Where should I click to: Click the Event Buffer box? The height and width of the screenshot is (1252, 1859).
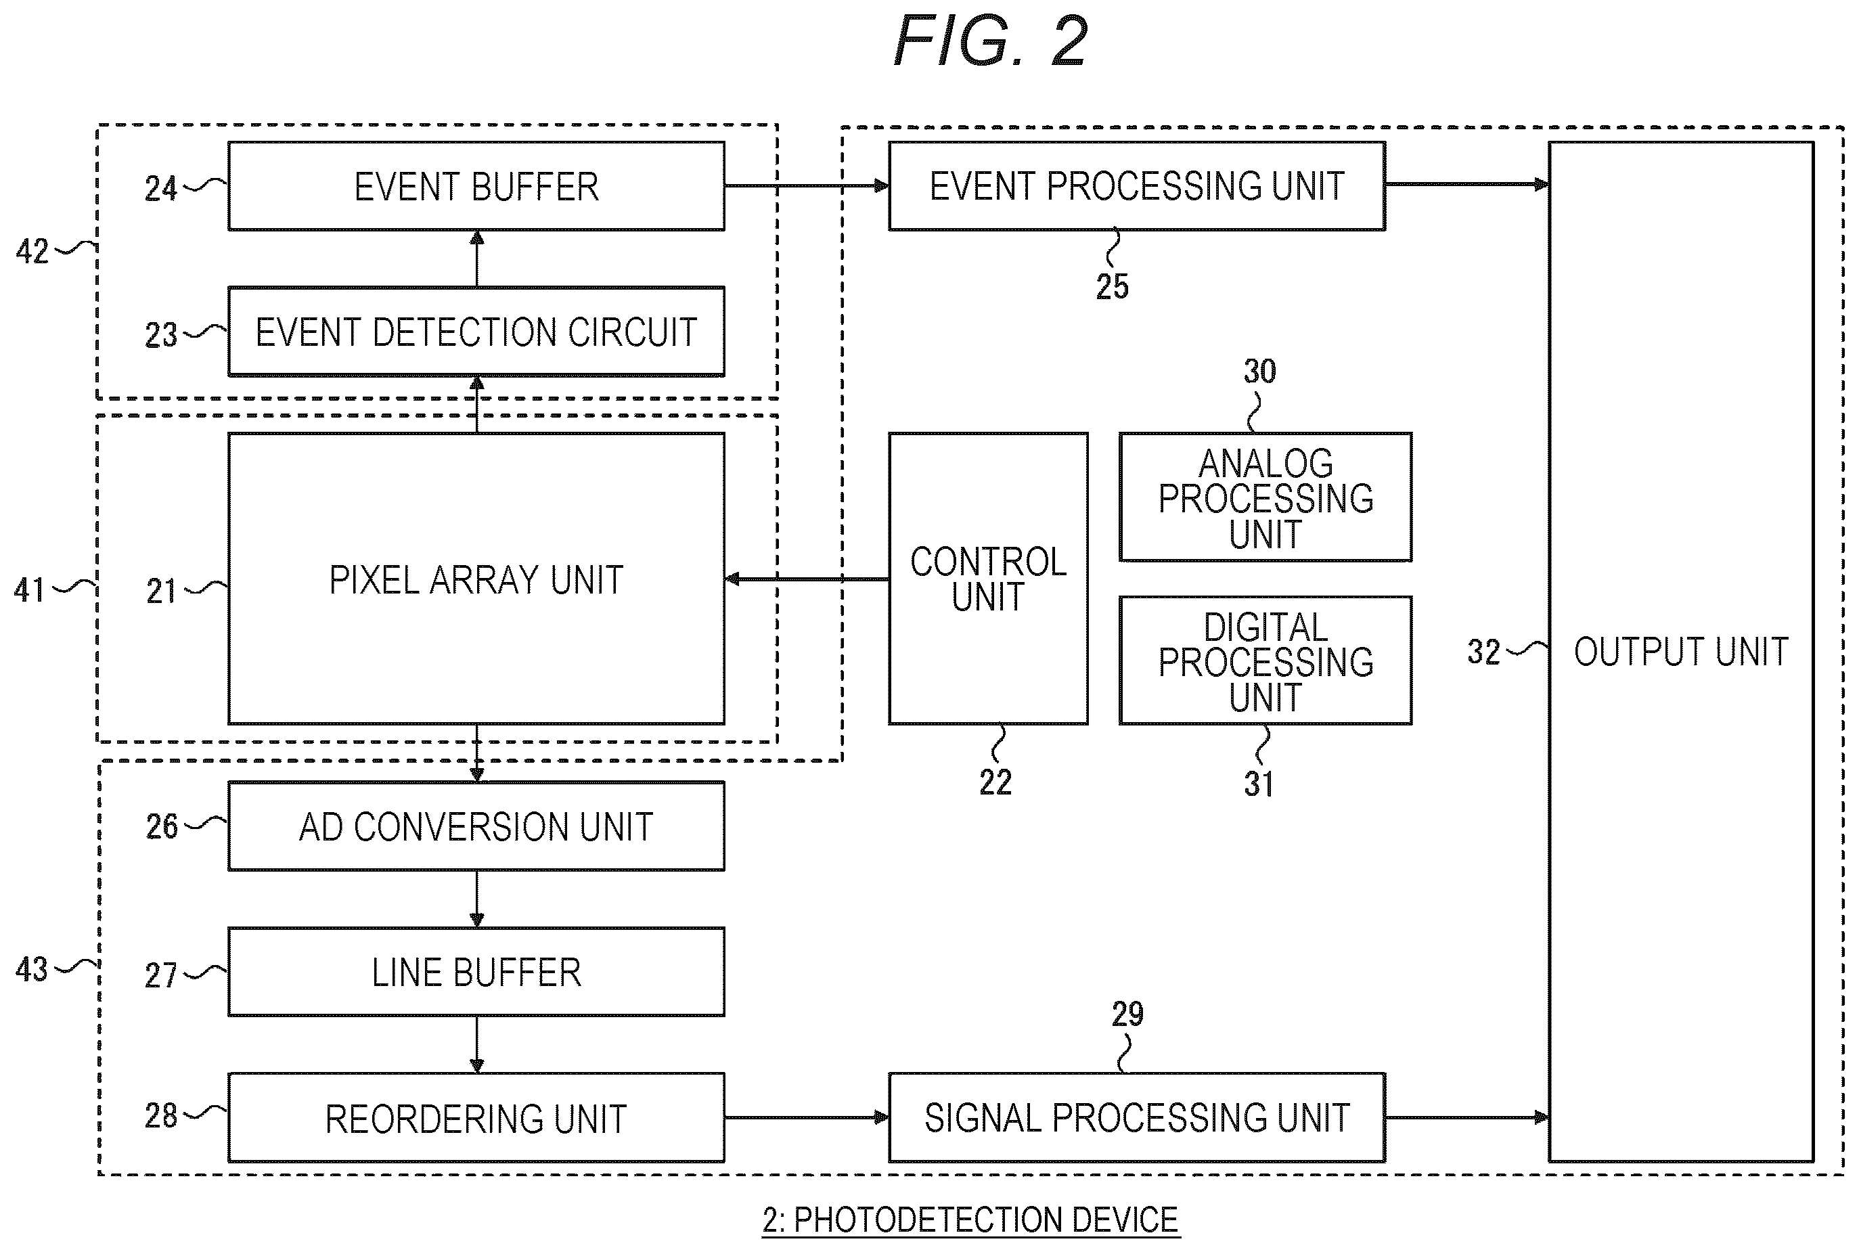476,186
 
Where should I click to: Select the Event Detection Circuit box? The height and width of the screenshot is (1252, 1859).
476,332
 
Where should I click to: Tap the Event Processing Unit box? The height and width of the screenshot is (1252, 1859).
1137,186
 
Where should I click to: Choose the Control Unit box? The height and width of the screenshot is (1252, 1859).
988,579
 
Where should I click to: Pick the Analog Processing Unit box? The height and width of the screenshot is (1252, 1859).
1265,497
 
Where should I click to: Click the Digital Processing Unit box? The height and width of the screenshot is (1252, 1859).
1265,661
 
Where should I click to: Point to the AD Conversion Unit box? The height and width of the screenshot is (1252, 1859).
476,826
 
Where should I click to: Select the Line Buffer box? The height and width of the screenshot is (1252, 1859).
476,972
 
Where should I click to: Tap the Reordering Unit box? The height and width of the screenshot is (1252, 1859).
476,1117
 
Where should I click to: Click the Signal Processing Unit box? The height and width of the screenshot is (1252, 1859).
1137,1117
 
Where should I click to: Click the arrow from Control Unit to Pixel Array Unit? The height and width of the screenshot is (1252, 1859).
807,579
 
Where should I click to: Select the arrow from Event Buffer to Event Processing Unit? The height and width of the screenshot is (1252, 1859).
807,186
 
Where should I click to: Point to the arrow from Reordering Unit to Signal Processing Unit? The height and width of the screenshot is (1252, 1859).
807,1117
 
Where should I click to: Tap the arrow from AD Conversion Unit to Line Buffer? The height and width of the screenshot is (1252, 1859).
476,898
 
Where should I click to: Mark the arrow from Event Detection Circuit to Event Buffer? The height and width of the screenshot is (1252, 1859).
476,259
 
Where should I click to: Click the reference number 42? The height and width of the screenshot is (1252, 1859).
32,252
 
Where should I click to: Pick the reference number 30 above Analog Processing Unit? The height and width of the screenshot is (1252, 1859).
1259,372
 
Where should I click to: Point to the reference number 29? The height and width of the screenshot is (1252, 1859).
1127,1014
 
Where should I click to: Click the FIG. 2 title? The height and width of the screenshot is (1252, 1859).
991,41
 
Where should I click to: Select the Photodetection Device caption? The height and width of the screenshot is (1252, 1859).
970,1220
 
